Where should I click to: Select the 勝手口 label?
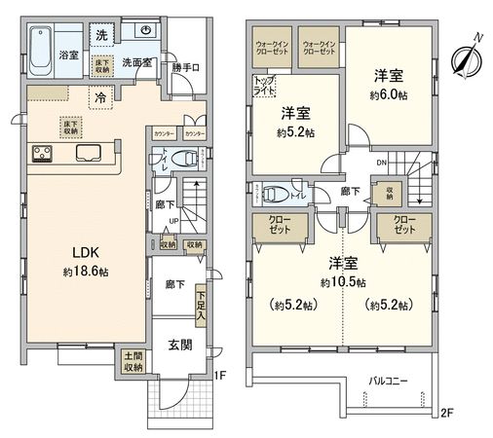click(185, 67)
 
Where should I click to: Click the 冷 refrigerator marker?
click(101, 96)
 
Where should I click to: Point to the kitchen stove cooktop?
click(44, 153)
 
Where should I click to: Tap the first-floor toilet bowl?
click(188, 157)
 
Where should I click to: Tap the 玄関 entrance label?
click(179, 346)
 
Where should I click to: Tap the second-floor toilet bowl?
click(278, 191)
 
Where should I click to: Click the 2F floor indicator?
click(446, 414)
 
